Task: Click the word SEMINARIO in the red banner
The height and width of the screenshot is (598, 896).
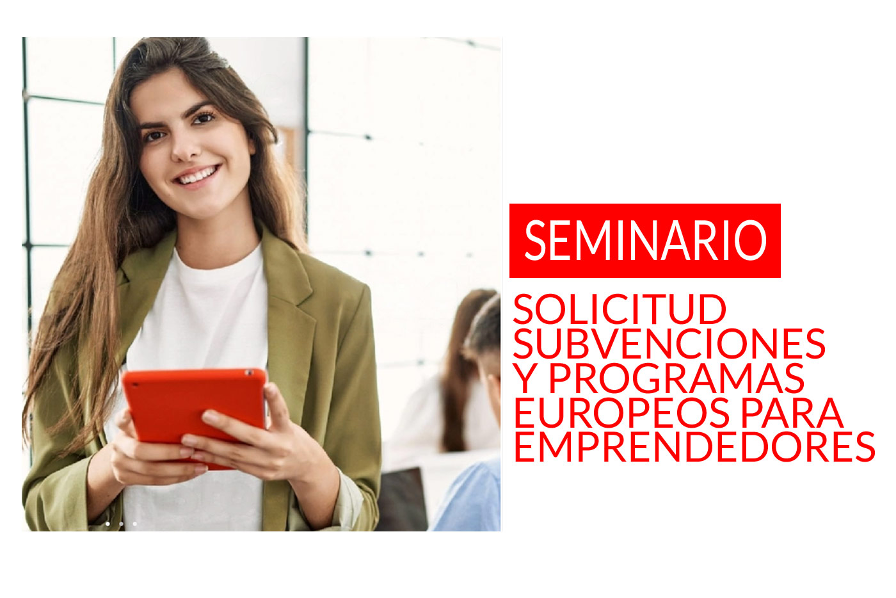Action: (x=645, y=240)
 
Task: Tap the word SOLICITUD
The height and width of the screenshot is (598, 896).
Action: (x=620, y=309)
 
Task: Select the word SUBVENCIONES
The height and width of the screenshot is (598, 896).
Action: (x=669, y=343)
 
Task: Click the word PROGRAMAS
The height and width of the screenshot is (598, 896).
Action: (x=676, y=378)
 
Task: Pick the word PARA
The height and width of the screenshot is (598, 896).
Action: (x=792, y=412)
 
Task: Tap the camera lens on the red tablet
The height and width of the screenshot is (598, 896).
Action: (x=251, y=373)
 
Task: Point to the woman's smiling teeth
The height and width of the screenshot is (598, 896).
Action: (x=198, y=175)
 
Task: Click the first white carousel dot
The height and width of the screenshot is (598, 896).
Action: (x=108, y=524)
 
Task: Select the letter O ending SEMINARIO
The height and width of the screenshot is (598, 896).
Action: (x=750, y=240)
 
